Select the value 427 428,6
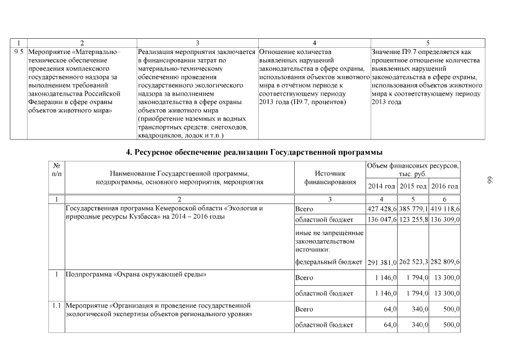(381, 209)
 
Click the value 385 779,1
(413, 209)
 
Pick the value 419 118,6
(445, 209)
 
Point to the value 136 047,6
(381, 219)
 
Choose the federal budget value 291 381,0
(381, 262)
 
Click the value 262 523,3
(413, 262)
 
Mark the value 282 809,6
(445, 262)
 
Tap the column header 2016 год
(445, 186)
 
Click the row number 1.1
(56, 306)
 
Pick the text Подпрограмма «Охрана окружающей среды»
(136, 275)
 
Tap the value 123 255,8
(413, 219)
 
